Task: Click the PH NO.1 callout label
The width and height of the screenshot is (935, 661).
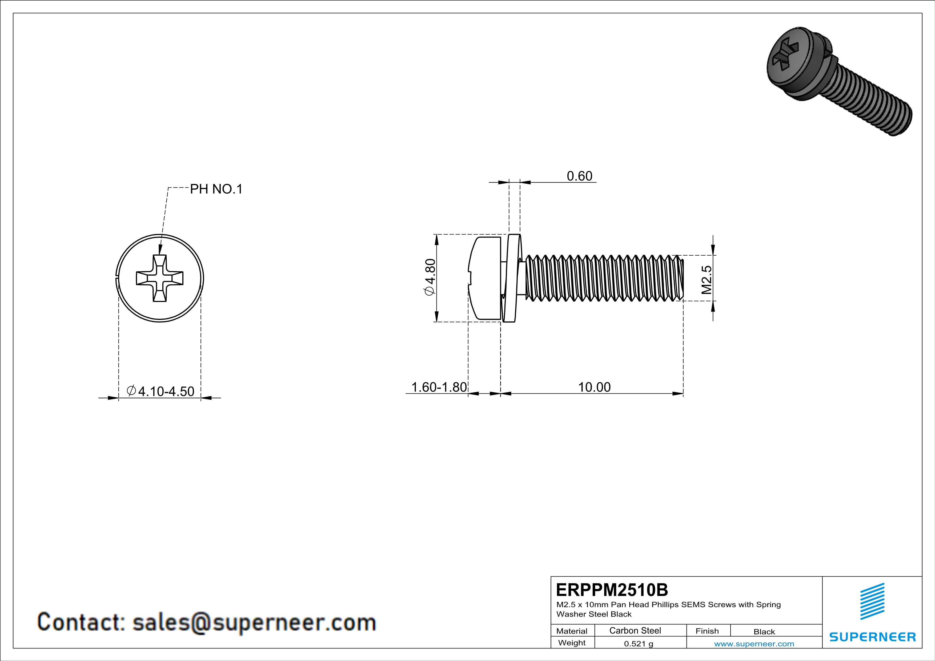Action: coord(216,189)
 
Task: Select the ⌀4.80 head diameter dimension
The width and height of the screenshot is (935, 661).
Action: coord(430,277)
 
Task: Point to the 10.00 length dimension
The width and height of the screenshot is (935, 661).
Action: coord(594,387)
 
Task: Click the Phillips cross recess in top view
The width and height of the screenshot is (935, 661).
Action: coord(160,279)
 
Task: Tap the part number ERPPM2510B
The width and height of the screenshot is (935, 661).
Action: coord(612,590)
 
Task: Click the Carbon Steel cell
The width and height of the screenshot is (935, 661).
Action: coord(635,630)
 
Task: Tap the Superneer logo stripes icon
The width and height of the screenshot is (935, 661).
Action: coord(872,601)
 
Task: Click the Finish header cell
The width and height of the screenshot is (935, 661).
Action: coord(707,631)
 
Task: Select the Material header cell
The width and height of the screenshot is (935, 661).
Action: coord(572,631)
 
